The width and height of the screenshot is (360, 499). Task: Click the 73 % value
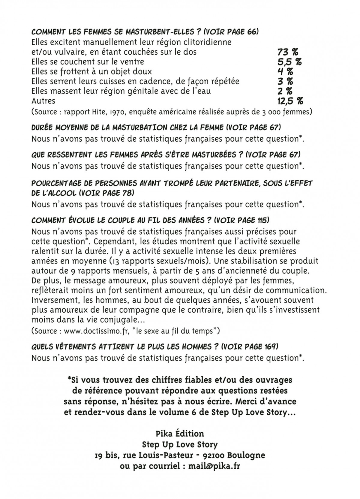click(x=288, y=52)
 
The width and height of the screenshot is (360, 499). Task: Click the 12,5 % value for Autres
click(x=290, y=101)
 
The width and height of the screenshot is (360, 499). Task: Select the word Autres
click(x=43, y=101)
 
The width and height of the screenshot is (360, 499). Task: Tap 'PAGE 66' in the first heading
click(x=237, y=32)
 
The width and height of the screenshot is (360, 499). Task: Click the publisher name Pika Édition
click(x=180, y=434)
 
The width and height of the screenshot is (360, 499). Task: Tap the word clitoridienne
click(x=203, y=42)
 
